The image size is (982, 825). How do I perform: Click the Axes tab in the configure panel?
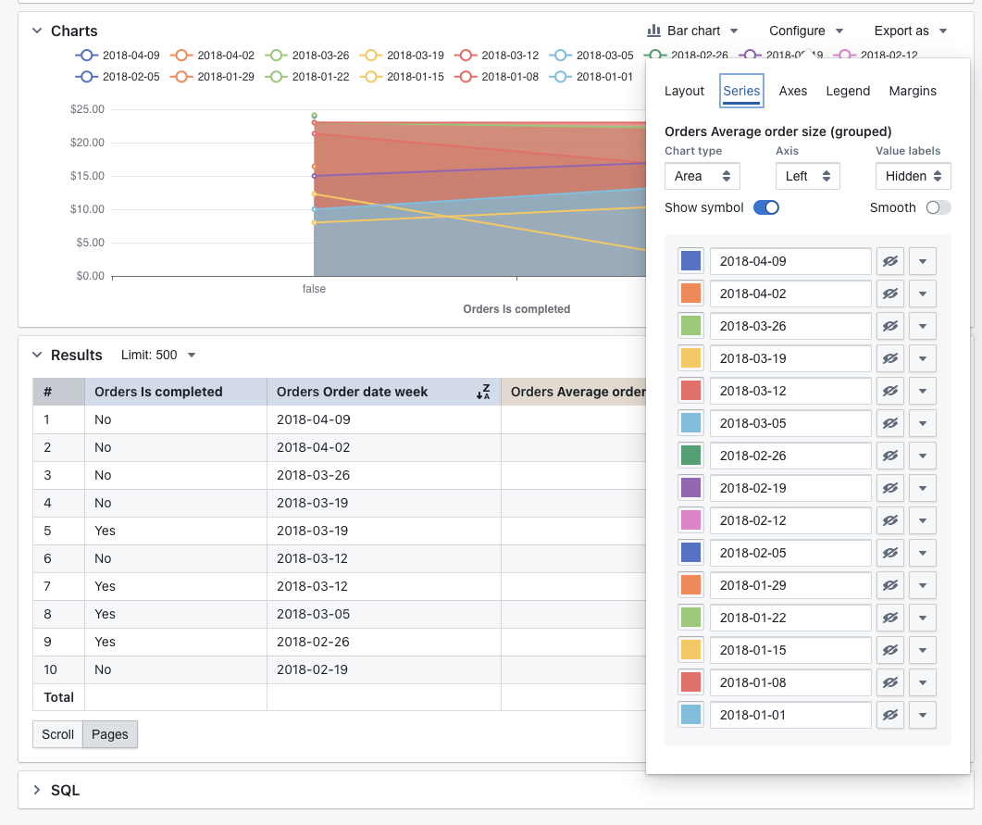tap(793, 91)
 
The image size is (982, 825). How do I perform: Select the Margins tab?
tap(913, 91)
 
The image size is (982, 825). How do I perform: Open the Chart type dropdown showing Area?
tap(702, 176)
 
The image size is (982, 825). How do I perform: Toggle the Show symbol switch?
tap(766, 207)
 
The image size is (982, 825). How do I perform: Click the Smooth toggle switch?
tap(938, 207)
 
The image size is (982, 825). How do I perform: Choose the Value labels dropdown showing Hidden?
tap(913, 176)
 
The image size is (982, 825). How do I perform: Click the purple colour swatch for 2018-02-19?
tap(691, 488)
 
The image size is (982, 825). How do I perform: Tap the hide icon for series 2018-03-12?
tap(890, 391)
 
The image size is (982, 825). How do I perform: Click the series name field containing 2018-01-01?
tap(790, 715)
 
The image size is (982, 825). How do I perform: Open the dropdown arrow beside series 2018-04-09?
tap(923, 261)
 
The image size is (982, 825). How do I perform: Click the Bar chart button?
tap(692, 31)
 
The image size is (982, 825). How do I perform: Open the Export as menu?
tap(911, 31)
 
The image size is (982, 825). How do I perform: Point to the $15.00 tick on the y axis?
tap(87, 176)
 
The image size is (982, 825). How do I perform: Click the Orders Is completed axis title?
tap(516, 309)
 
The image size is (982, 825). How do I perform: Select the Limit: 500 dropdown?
tap(158, 355)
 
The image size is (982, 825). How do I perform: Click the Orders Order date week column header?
tap(353, 392)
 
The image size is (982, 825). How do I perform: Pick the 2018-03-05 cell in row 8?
tap(313, 614)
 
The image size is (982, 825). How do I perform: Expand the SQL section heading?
tap(65, 790)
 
